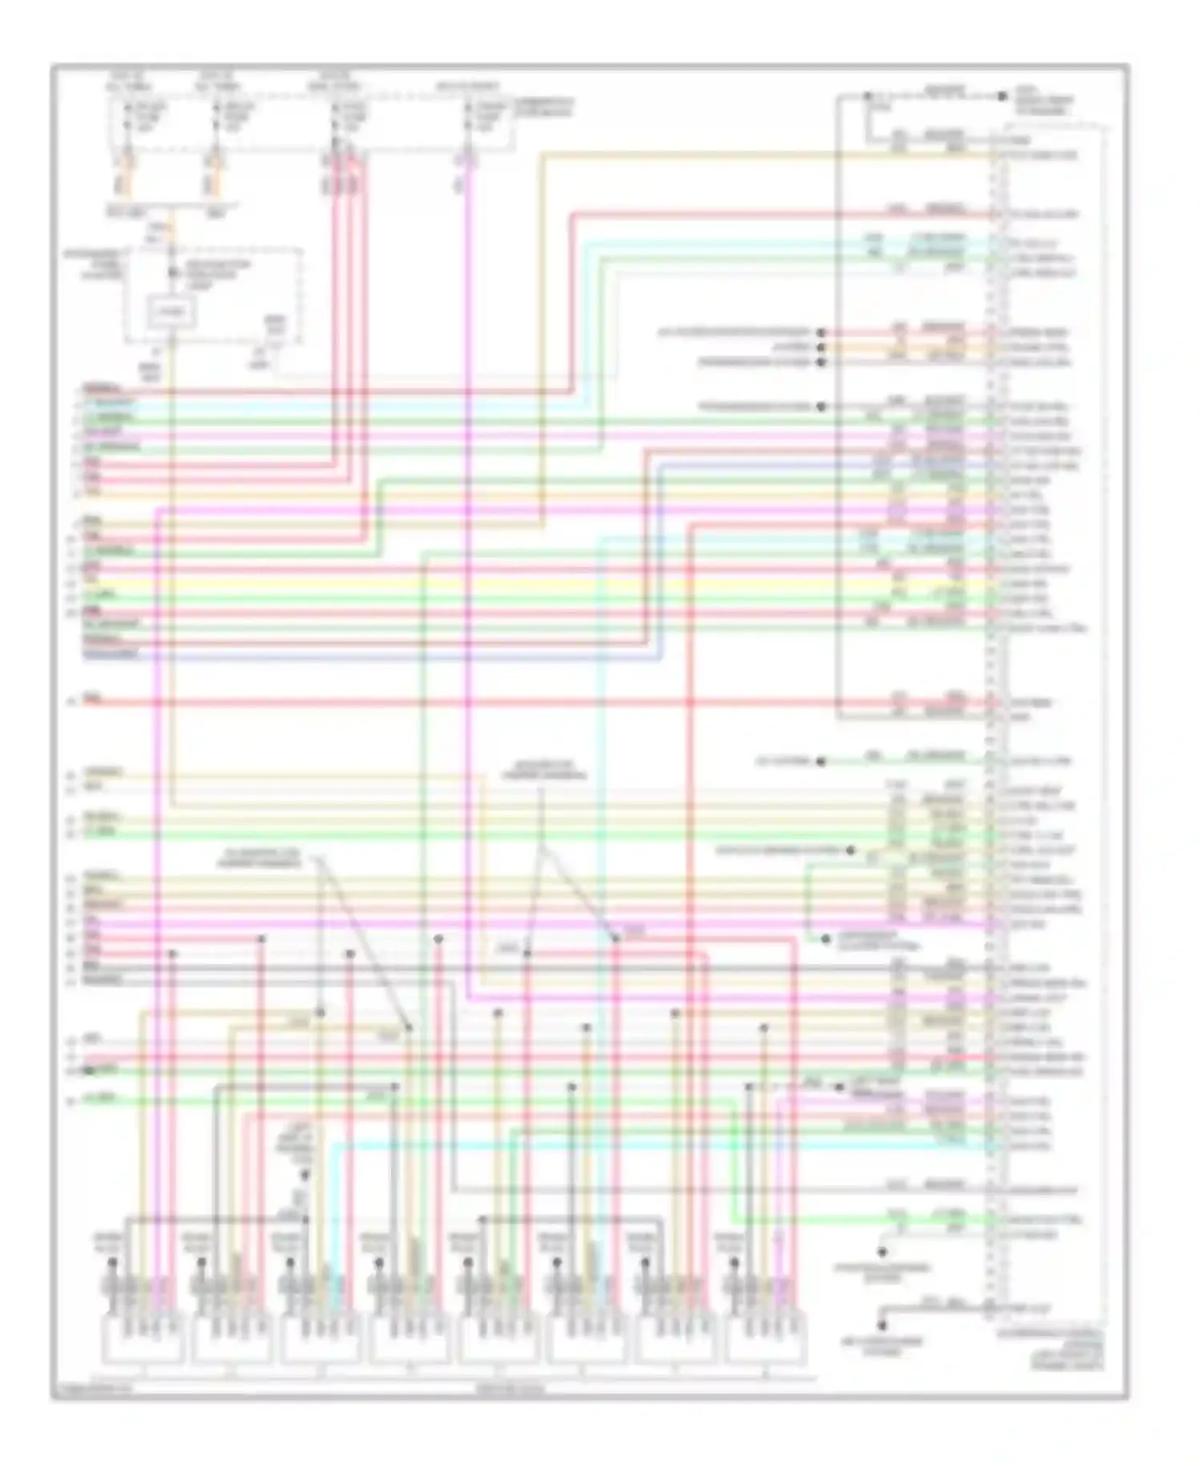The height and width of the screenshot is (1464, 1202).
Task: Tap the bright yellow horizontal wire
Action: tap(481, 584)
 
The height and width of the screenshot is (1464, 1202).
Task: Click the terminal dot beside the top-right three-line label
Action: tap(1002, 97)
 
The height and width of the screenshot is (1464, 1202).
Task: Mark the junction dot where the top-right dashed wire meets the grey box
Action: tap(867, 97)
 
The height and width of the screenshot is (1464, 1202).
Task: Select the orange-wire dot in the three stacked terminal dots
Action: tap(821, 348)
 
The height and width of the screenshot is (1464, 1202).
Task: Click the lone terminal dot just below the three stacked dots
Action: tap(821, 407)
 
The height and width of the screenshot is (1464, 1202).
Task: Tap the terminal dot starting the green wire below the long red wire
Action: tap(821, 762)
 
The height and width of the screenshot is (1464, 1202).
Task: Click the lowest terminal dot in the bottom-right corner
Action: tap(883, 1328)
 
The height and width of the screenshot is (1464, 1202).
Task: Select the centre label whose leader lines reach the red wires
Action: tap(543, 770)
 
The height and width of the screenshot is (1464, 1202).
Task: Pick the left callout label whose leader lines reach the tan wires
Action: tap(258, 859)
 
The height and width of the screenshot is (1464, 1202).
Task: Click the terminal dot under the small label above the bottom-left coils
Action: tap(305, 1176)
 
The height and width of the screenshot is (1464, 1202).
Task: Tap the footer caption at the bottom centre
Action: tap(510, 1390)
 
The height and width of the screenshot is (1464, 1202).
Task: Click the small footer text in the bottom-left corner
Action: tap(92, 1390)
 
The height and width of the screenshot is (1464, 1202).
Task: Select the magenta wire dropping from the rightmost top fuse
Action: tap(468, 561)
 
